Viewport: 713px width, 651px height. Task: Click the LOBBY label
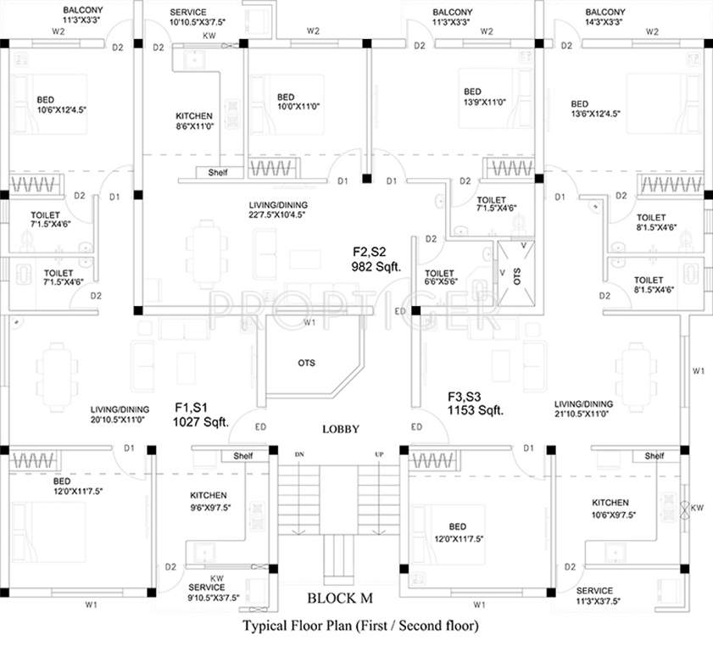pos(342,430)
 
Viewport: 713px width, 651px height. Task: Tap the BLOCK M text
pos(339,598)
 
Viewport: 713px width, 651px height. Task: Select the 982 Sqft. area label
pos(376,266)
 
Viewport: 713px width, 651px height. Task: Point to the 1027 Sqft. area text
pos(201,420)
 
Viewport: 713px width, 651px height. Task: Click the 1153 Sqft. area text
pos(476,410)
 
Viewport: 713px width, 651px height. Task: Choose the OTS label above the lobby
pos(306,363)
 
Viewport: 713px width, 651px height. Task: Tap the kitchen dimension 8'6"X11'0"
pos(194,125)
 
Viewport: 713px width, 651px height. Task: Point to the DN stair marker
pos(298,454)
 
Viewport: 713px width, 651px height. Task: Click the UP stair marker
pos(378,454)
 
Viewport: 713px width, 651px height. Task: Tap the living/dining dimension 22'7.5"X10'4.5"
pos(277,214)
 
